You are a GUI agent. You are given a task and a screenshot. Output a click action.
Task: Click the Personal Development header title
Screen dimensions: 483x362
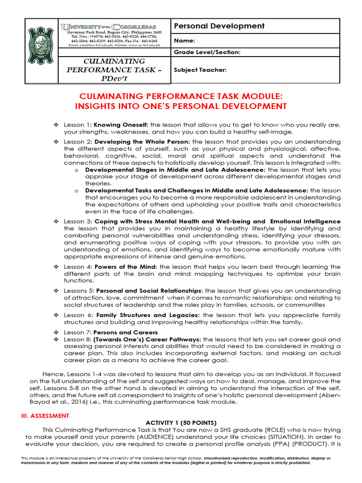pos(220,26)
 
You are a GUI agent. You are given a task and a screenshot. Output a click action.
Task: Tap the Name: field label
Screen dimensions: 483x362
pos(185,42)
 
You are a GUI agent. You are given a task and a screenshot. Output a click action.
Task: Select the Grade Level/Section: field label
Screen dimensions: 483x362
pos(207,52)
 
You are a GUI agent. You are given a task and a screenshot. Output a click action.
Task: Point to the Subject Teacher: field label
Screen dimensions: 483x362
pos(200,70)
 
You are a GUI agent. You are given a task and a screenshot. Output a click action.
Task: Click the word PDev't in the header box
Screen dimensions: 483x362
pos(114,79)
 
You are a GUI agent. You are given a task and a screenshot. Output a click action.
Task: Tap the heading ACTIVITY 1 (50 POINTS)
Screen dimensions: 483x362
pos(181,423)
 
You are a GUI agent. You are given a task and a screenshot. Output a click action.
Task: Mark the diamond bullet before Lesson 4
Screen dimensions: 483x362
pos(56,267)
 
